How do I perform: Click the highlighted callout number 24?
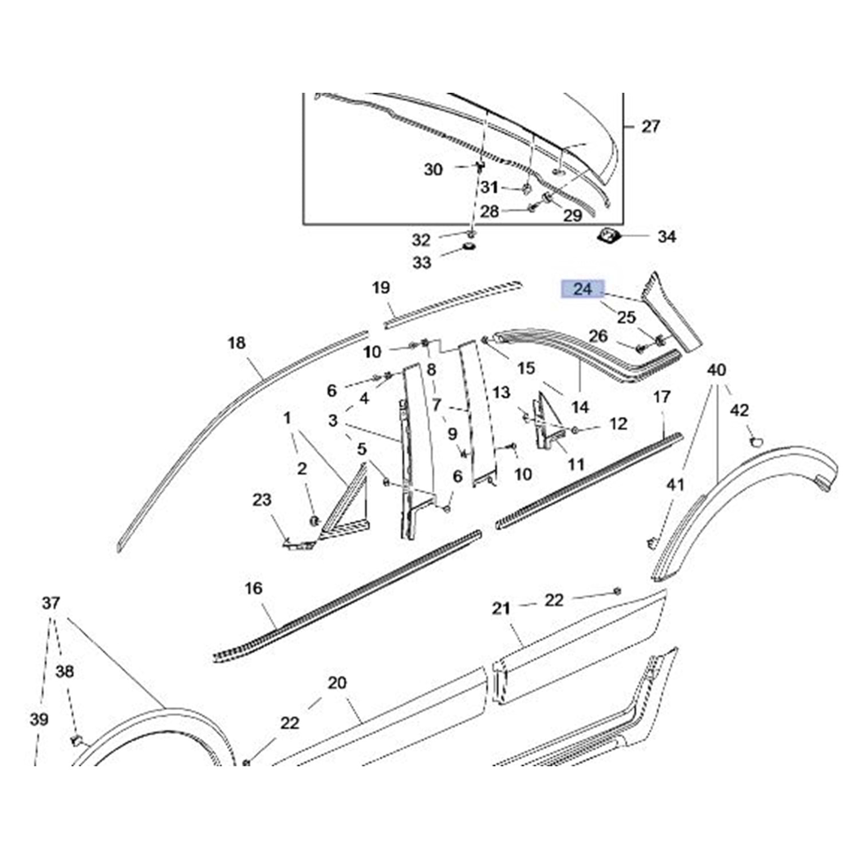(x=582, y=289)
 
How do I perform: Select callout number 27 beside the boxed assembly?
(x=651, y=126)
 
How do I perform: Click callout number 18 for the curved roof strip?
(x=237, y=343)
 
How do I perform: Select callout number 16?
(x=253, y=588)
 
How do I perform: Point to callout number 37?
(x=51, y=603)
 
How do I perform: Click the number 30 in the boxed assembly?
(x=433, y=170)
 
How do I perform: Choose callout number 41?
(x=676, y=484)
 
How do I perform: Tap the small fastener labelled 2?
(x=314, y=520)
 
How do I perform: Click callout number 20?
(x=337, y=683)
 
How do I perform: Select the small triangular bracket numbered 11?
(x=544, y=424)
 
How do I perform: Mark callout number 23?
(x=262, y=499)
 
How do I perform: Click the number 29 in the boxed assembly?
(x=573, y=215)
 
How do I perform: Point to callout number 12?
(x=618, y=424)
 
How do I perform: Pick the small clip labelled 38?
(x=75, y=740)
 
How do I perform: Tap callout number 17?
(x=661, y=397)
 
